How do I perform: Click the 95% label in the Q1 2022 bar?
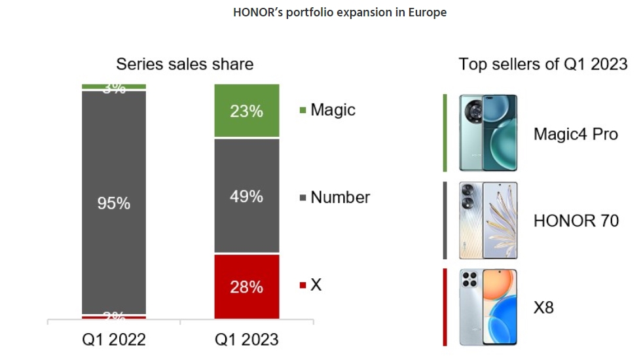click(x=114, y=204)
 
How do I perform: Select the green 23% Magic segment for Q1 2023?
click(x=247, y=111)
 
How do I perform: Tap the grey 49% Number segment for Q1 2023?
click(x=247, y=196)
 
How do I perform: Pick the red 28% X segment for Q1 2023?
click(x=247, y=287)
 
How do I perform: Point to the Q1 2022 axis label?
click(x=114, y=340)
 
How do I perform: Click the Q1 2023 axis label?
click(x=247, y=340)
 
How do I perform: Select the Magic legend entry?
click(x=327, y=110)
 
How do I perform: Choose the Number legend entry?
click(x=335, y=197)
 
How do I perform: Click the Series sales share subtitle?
click(x=185, y=64)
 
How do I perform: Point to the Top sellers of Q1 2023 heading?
click(x=543, y=64)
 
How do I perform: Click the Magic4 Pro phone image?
click(x=488, y=133)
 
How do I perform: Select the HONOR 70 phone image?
click(x=488, y=221)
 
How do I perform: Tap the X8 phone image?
click(x=488, y=307)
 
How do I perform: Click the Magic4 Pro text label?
click(x=576, y=134)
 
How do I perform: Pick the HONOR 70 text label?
click(x=576, y=221)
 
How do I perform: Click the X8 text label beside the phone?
click(x=543, y=307)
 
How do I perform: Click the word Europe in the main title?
click(x=427, y=12)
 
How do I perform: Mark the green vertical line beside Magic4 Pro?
click(x=445, y=133)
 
